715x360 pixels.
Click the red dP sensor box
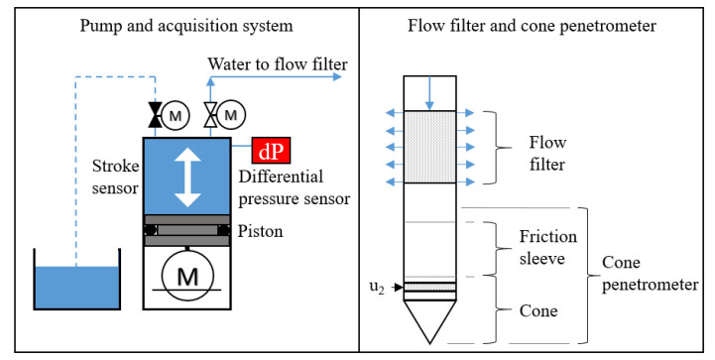271,151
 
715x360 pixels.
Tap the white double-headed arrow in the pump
187,178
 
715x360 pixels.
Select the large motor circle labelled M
187,275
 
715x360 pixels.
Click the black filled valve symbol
156,114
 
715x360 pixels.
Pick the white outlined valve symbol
210,114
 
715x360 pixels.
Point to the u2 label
377,288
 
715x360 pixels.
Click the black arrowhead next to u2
399,287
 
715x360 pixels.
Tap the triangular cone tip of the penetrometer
429,321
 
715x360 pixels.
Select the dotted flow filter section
429,147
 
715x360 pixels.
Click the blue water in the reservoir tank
77,288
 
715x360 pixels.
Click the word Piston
261,231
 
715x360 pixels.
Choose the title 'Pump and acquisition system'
186,26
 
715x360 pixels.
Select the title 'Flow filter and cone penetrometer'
532,26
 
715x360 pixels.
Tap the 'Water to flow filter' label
278,63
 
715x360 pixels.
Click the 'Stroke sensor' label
115,177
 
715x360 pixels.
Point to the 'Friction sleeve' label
547,247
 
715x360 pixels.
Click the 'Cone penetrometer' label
650,274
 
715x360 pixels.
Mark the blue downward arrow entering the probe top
429,92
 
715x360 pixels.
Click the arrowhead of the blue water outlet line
337,76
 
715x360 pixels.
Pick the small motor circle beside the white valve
231,114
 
